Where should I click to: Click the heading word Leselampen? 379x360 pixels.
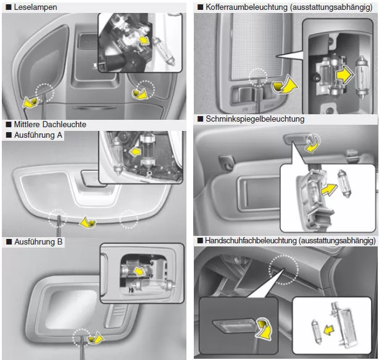pos(35,8)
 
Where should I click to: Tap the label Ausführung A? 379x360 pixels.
pos(38,135)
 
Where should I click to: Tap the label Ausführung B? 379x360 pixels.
pos(38,241)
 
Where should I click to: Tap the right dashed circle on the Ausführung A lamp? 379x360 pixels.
pos(128,218)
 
